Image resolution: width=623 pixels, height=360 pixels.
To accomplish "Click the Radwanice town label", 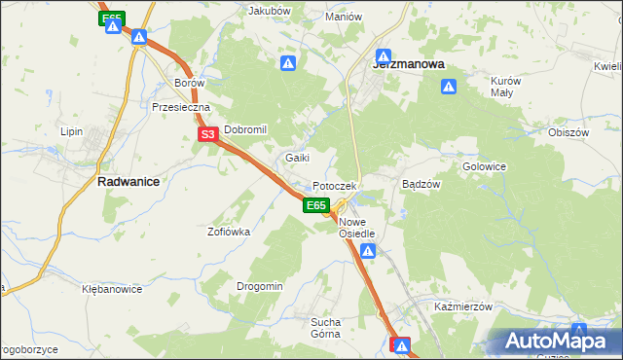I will click(128, 181).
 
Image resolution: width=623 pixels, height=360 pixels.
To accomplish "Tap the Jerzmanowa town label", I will click(409, 63).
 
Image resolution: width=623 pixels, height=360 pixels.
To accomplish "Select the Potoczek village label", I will click(335, 186).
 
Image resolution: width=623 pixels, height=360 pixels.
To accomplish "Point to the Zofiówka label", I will click(229, 232).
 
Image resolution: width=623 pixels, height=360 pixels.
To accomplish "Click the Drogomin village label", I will click(259, 286).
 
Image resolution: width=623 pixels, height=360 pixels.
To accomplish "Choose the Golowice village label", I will click(484, 166).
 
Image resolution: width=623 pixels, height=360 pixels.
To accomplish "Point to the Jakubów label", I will click(270, 11).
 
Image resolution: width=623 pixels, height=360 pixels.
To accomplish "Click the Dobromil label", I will click(245, 129).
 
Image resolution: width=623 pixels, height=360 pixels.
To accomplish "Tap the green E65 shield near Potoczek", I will click(314, 205).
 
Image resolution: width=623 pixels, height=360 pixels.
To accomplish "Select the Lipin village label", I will click(72, 130).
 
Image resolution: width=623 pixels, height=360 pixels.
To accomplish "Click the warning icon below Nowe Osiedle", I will click(368, 252).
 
